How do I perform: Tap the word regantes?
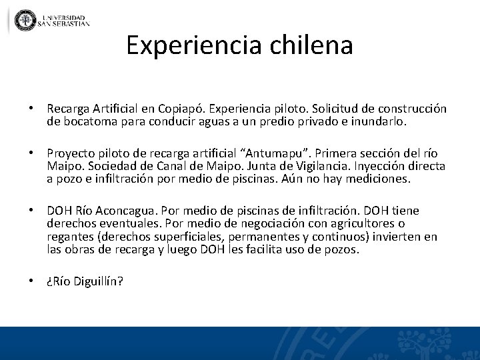click(x=69, y=237)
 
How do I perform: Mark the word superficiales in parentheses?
click(x=186, y=237)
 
